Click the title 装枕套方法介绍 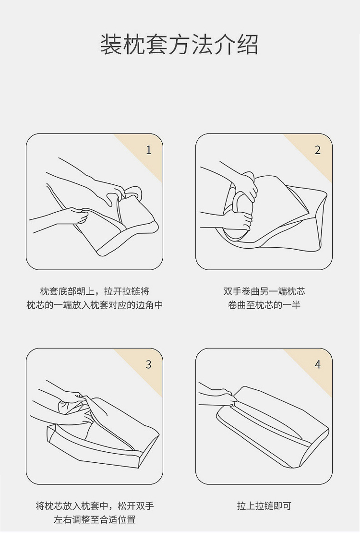tap(180, 45)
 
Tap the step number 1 tap(149, 150)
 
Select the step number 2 tap(318, 150)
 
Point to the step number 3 tap(149, 364)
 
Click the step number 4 tap(318, 364)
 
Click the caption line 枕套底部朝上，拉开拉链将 tap(95, 291)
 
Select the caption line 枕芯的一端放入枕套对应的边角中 tap(95, 305)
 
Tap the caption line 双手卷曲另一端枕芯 tap(264, 291)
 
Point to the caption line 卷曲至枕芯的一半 tap(264, 305)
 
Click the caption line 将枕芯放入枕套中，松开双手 tap(95, 506)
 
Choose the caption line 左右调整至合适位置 tap(95, 519)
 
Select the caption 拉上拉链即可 tap(264, 506)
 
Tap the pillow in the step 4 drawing tap(273, 427)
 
